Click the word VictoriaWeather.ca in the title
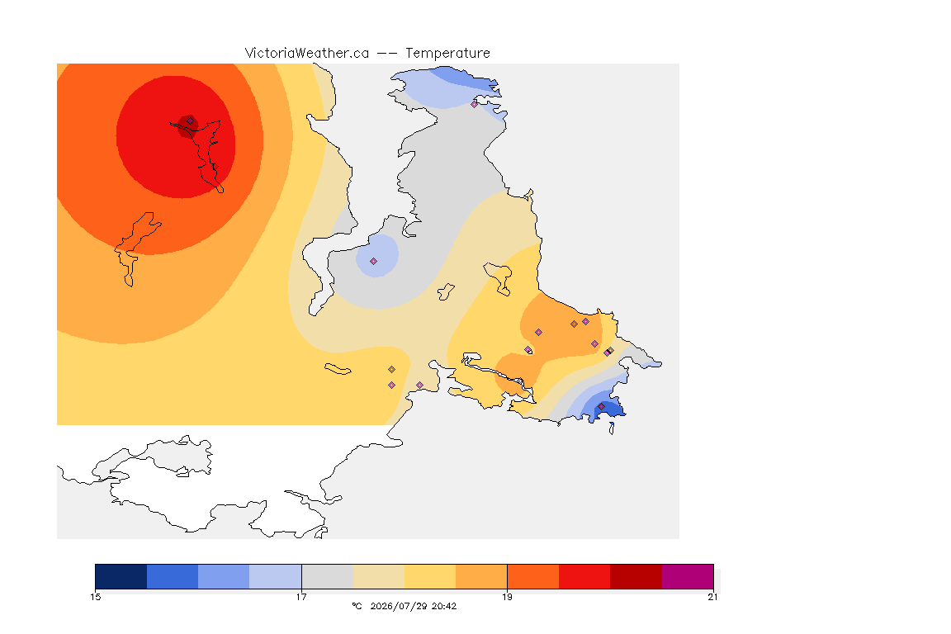pyautogui.click(x=307, y=54)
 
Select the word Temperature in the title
pyautogui.click(x=447, y=54)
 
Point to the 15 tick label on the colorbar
pyautogui.click(x=96, y=597)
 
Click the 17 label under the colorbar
pyautogui.click(x=301, y=597)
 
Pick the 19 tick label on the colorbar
pyautogui.click(x=507, y=597)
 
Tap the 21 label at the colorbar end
pyautogui.click(x=712, y=597)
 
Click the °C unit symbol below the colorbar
pyautogui.click(x=357, y=606)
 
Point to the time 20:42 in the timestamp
pyautogui.click(x=444, y=606)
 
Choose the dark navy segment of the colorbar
pyautogui.click(x=121, y=576)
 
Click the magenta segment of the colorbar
pyautogui.click(x=687, y=576)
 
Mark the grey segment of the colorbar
pyautogui.click(x=327, y=576)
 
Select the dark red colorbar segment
pyautogui.click(x=636, y=576)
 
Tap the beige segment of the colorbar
pyautogui.click(x=378, y=576)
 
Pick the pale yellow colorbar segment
pyautogui.click(x=430, y=576)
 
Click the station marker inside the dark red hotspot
pyautogui.click(x=191, y=121)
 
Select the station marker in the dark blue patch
pyautogui.click(x=601, y=406)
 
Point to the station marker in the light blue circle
pyautogui.click(x=374, y=262)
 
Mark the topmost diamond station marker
pyautogui.click(x=475, y=104)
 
